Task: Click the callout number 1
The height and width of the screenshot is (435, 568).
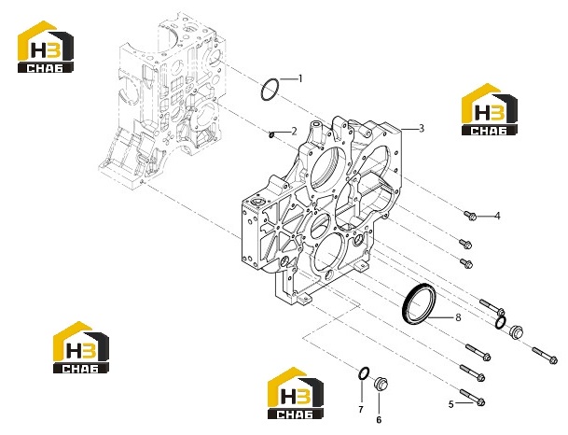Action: [x=300, y=78]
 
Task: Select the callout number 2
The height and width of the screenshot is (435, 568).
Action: [x=294, y=131]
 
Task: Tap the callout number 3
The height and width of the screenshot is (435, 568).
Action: [x=421, y=128]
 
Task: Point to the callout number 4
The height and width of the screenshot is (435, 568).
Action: [x=497, y=216]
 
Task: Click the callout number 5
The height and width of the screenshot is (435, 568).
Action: [x=451, y=404]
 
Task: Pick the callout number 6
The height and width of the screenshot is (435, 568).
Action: [x=379, y=420]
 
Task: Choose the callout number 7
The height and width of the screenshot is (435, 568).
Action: [x=361, y=410]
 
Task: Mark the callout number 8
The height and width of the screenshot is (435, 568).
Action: [x=458, y=317]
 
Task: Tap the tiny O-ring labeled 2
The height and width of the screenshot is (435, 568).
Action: [x=271, y=134]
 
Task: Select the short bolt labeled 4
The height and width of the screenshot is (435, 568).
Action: [x=470, y=216]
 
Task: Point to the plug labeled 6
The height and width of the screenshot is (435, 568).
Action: [x=381, y=384]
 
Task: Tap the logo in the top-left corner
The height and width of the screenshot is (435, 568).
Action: [x=46, y=47]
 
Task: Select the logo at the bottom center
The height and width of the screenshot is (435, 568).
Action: [x=296, y=393]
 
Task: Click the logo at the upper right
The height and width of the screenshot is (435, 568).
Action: [x=490, y=109]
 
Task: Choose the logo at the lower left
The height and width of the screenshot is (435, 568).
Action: [x=81, y=347]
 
